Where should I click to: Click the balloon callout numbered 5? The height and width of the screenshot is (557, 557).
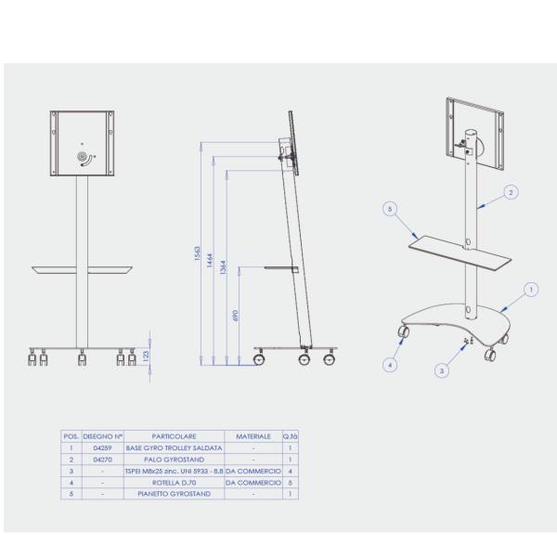coord(390,210)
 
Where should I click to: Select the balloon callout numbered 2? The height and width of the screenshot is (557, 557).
coord(510,192)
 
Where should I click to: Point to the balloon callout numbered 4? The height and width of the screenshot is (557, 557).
coord(390,365)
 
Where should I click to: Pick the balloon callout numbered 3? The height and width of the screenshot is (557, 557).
coord(444,370)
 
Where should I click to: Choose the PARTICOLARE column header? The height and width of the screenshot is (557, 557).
coord(174,435)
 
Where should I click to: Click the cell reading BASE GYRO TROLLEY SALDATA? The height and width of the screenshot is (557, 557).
coord(174,447)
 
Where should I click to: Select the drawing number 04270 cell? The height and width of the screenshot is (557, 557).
coord(102,460)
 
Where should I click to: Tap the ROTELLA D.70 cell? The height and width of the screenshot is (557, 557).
coord(174,483)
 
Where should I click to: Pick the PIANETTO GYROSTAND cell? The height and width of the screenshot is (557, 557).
coord(174,494)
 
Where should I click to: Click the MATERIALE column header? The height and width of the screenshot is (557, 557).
coord(253,435)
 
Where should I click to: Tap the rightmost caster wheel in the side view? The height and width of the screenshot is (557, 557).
coord(329,359)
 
